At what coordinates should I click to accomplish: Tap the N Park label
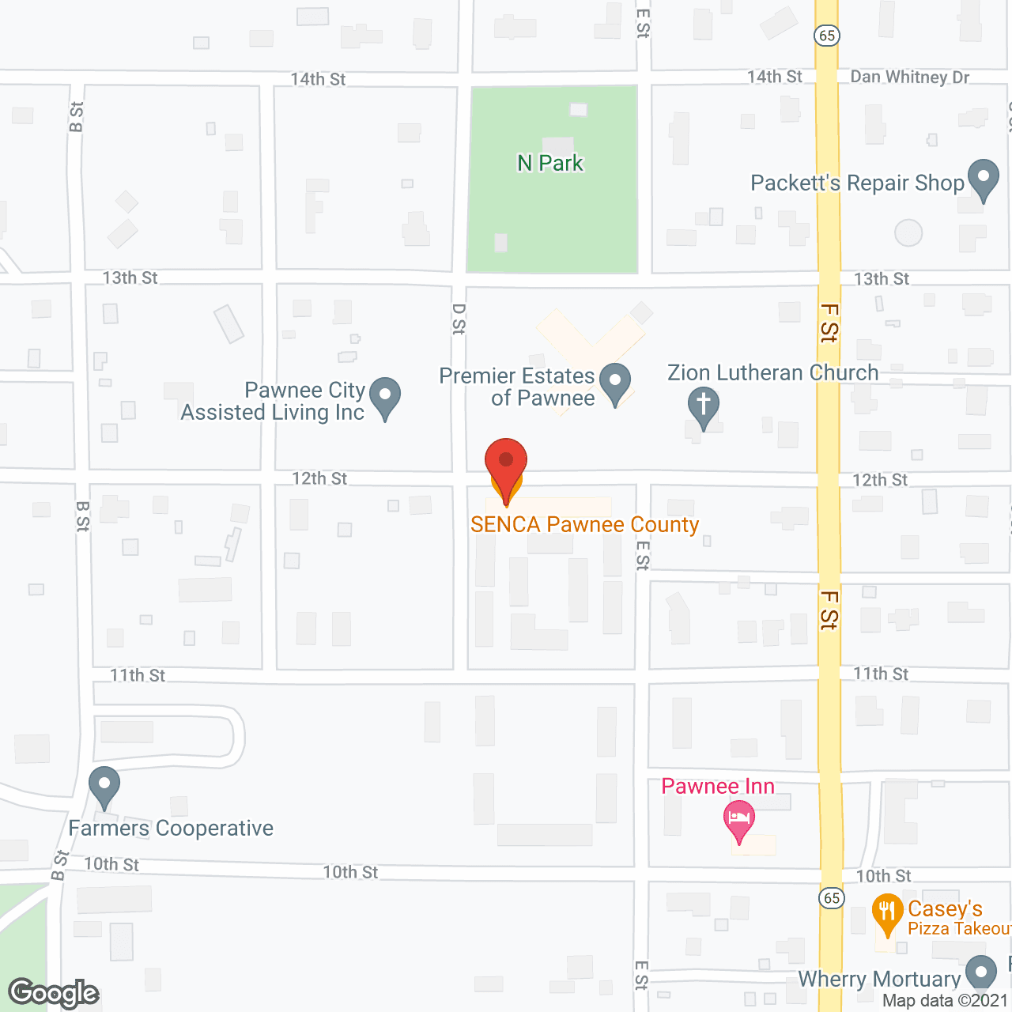(550, 163)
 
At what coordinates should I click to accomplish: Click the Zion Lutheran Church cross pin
(703, 406)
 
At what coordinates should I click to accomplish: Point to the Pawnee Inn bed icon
(739, 819)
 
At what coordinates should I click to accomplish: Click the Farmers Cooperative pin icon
(104, 786)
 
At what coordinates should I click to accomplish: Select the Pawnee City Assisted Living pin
(385, 397)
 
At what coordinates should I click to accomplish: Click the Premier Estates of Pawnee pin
(615, 382)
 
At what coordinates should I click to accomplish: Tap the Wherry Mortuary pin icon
(981, 972)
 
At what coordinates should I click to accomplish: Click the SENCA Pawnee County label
(584, 525)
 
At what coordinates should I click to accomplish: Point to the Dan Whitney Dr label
(909, 77)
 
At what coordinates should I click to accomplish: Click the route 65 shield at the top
(827, 36)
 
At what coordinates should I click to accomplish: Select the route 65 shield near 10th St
(831, 898)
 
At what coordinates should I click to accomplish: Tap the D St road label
(459, 319)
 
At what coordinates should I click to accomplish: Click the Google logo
(54, 993)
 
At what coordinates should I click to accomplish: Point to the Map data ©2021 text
(945, 1001)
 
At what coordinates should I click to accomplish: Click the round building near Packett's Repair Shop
(908, 232)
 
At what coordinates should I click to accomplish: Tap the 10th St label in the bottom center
(350, 872)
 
